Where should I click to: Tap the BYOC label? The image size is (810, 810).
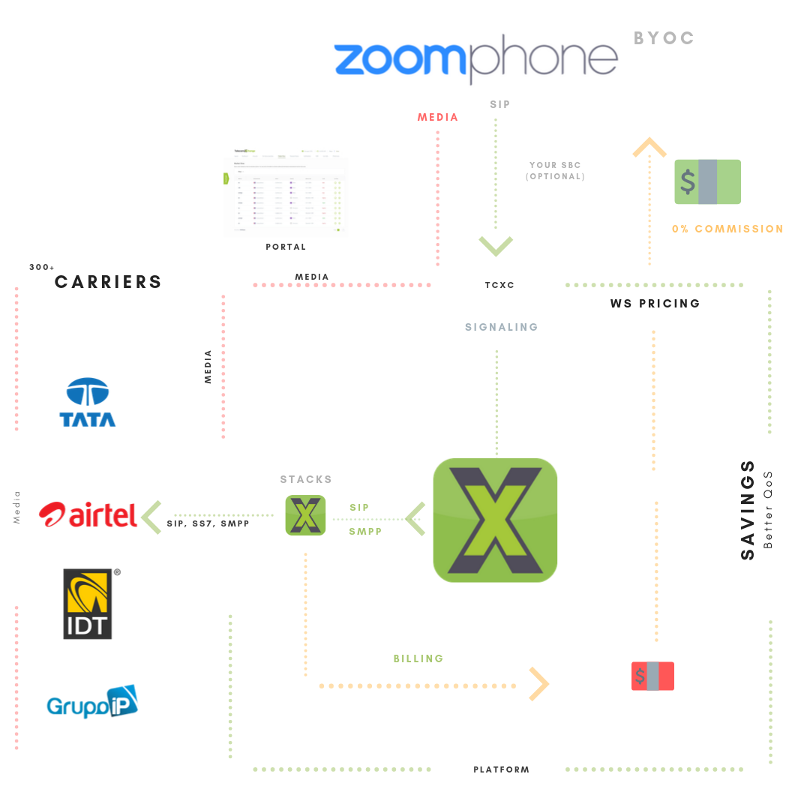click(x=664, y=37)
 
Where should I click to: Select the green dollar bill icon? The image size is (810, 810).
click(x=707, y=181)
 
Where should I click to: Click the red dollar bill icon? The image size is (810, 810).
click(x=652, y=676)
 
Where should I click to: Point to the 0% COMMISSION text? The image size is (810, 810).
click(x=727, y=229)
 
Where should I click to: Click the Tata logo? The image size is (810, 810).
click(x=88, y=403)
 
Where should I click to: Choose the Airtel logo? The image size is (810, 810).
click(x=88, y=514)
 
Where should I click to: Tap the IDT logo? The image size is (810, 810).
click(x=88, y=604)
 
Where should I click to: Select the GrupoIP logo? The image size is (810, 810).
click(x=92, y=702)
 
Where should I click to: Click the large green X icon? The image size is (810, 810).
click(x=495, y=520)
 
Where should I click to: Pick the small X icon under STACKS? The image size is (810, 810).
click(x=305, y=515)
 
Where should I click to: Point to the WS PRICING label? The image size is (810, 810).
click(x=655, y=304)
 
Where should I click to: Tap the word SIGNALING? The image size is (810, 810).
click(x=501, y=327)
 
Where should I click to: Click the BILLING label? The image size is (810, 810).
click(x=418, y=658)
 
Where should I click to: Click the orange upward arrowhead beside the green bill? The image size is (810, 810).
click(x=649, y=147)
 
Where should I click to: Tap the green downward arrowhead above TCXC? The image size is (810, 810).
click(x=496, y=245)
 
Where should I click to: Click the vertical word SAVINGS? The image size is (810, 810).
click(x=748, y=510)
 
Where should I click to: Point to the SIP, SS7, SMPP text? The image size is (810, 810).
click(x=208, y=523)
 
